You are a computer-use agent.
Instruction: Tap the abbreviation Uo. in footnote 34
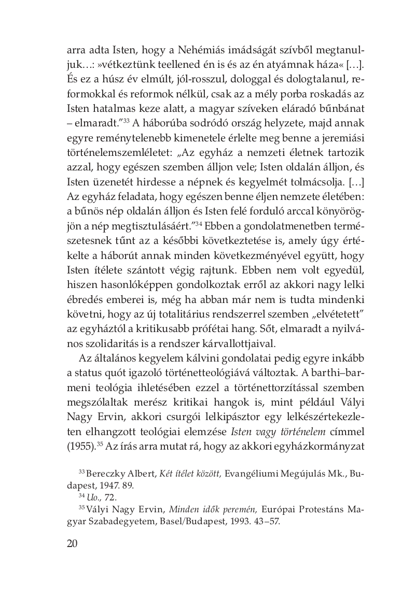(x=92, y=498)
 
